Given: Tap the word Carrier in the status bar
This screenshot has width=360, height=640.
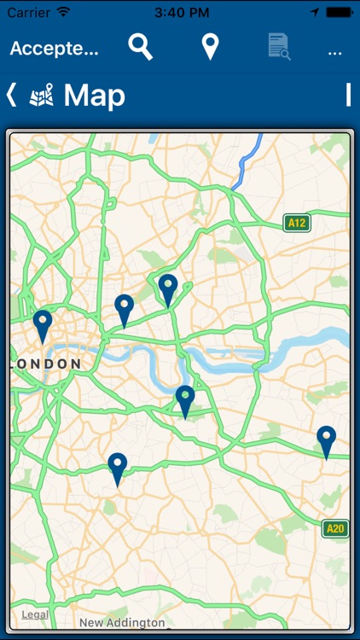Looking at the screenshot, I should (29, 12).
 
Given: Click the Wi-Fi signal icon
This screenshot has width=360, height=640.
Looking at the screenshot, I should (64, 12).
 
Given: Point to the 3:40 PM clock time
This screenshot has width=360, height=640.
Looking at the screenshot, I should (179, 12).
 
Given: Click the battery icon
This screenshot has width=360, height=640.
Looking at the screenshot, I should (339, 12).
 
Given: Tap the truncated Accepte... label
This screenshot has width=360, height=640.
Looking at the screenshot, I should (55, 49).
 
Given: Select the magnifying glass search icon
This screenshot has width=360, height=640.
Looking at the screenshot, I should (141, 48).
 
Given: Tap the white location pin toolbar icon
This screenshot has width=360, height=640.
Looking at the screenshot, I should (210, 48).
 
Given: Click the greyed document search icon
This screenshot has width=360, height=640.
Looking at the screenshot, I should (278, 47).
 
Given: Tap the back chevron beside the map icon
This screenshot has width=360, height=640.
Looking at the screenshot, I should (11, 95).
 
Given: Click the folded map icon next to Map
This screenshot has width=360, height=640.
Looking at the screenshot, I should (41, 96).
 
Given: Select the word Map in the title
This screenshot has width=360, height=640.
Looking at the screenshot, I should (95, 96).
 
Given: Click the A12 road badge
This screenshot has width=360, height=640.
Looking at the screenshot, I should (296, 224).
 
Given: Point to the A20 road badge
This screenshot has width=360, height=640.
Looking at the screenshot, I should (335, 529).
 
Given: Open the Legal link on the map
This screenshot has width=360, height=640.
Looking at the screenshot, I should (35, 614).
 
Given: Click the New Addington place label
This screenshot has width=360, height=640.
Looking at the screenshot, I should (122, 623).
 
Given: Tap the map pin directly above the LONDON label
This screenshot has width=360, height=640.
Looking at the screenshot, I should (43, 325).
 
